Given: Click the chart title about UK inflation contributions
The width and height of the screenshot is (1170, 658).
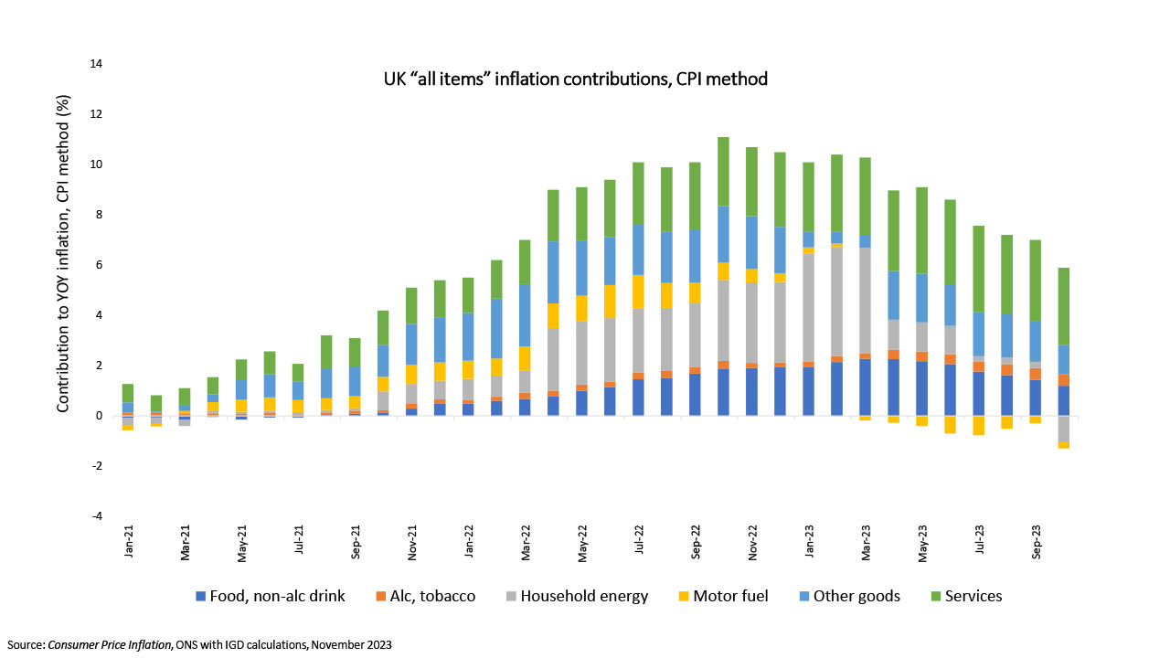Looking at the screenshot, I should tap(575, 80).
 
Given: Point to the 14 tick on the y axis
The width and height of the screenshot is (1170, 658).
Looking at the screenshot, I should tap(96, 64).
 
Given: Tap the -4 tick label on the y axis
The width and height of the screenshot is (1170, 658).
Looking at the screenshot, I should tap(96, 516).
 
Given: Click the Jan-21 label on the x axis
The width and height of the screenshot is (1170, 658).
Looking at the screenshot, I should tap(130, 544).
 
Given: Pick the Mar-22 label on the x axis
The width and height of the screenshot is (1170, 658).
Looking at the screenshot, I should tap(526, 544).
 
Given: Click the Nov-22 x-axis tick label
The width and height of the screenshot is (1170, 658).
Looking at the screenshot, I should tap(752, 544).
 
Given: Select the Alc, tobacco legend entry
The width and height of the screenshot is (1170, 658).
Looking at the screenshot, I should tap(427, 597).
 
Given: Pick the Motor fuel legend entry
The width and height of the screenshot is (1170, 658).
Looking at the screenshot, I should tap(721, 597).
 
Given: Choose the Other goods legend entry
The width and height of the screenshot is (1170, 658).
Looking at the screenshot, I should tap(849, 597).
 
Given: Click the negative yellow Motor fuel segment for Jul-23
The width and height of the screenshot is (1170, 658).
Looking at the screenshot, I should tap(978, 426).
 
